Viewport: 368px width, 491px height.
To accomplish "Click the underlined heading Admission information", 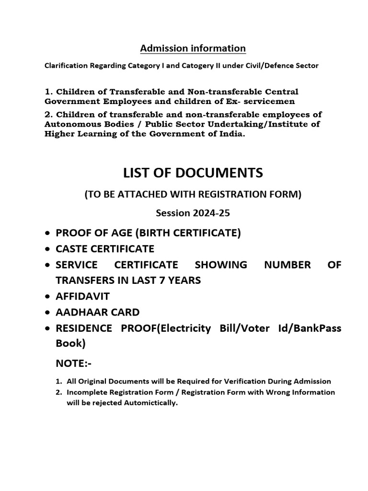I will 193,48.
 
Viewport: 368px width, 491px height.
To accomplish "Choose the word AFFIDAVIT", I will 83,296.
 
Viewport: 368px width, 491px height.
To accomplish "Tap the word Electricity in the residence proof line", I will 185,328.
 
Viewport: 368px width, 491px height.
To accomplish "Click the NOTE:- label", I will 73,364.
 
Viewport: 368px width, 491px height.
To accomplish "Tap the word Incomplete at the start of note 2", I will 85,392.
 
